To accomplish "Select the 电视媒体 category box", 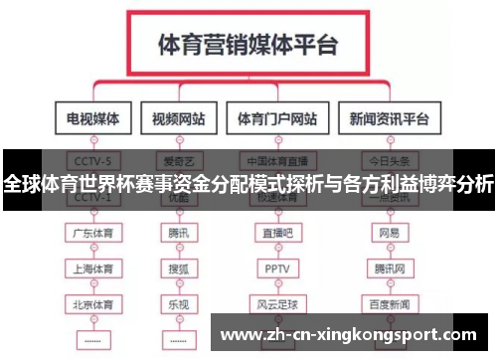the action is pyautogui.click(x=92, y=119).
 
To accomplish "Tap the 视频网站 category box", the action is pyautogui.click(x=179, y=119).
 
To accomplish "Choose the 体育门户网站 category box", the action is pyautogui.click(x=277, y=119).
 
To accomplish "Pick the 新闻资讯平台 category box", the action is pyautogui.click(x=389, y=119).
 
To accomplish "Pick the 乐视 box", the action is pyautogui.click(x=179, y=302).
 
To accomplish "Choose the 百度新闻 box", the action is pyautogui.click(x=389, y=302).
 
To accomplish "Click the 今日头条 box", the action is pyautogui.click(x=389, y=159).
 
